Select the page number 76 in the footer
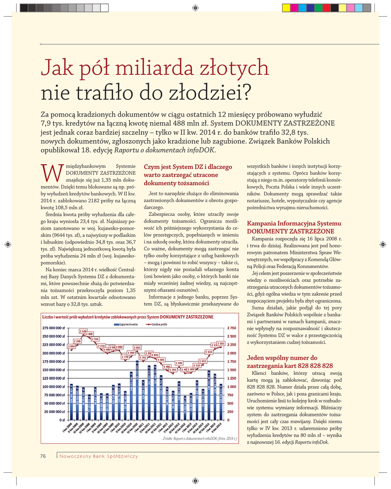[43, 456]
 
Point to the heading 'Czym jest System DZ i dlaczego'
[188, 167]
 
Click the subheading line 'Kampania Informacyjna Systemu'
[294, 223]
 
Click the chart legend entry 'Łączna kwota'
[127, 324]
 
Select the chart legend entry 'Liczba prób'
[159, 324]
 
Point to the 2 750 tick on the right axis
[231, 328]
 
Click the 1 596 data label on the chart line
[180, 363]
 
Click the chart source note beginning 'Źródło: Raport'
[200, 438]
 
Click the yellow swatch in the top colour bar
[286, 7]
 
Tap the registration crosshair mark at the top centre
[195, 7]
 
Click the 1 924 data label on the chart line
[209, 352]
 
